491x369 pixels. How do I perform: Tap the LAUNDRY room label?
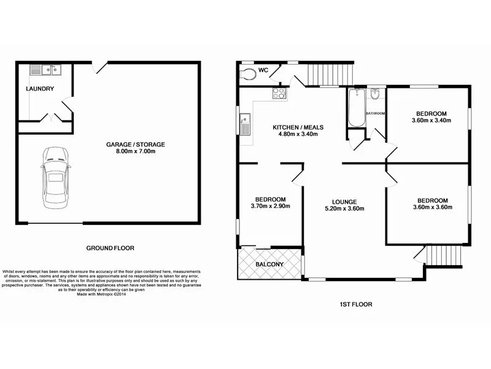[x=40, y=89]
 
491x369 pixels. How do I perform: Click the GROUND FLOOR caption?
[x=110, y=248]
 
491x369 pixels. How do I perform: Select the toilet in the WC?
[x=249, y=74]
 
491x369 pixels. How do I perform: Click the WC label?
[x=263, y=69]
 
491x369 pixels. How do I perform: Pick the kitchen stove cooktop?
[x=279, y=93]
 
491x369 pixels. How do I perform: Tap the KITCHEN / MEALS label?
[x=298, y=128]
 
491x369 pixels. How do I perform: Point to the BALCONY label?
[x=269, y=264]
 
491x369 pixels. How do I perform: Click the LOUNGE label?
[x=340, y=200]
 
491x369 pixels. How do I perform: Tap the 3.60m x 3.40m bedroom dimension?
[x=431, y=121]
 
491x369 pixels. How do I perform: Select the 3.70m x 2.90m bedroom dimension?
[x=270, y=206]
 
